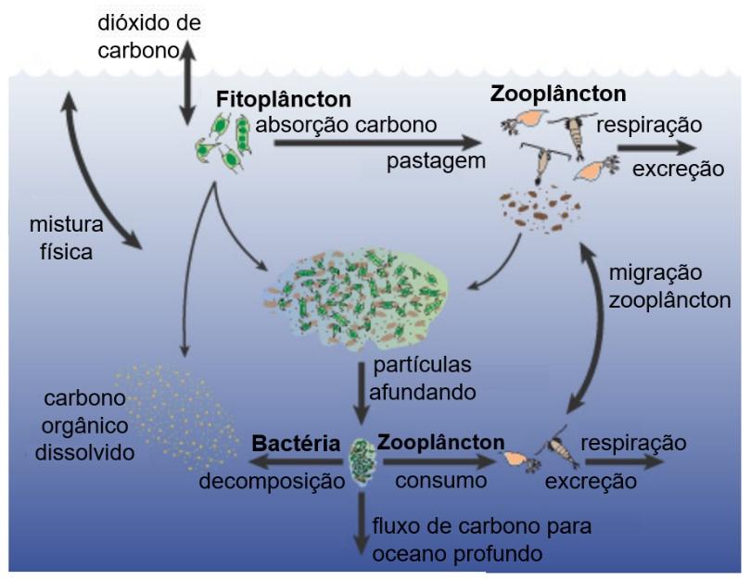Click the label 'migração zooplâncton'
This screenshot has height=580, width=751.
pos(668,286)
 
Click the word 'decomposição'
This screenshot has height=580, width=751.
pos(268,482)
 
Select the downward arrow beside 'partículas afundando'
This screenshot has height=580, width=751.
pos(360,392)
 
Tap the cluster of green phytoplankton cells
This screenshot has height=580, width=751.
pos(225,142)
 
